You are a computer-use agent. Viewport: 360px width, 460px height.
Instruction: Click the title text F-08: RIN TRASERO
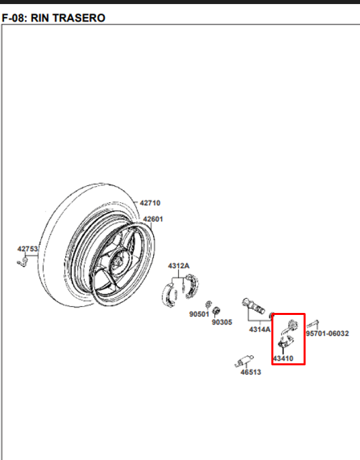[53, 18]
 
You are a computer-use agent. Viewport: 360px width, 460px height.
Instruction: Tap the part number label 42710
[150, 203]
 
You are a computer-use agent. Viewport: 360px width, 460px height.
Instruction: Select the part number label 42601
[153, 219]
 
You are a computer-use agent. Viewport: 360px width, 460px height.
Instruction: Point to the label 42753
[28, 248]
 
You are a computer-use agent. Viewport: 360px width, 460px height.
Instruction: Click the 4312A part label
[179, 266]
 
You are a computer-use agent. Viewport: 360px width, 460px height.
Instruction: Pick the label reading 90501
[199, 314]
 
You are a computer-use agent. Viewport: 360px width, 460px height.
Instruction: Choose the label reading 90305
[222, 322]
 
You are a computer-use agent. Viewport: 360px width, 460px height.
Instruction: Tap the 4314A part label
[260, 330]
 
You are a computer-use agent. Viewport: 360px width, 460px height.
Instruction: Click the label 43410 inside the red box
[283, 358]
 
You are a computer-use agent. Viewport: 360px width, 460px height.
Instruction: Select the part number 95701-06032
[328, 334]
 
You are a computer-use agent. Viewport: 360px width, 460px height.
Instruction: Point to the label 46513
[251, 372]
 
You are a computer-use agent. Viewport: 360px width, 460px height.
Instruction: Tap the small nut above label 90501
[208, 304]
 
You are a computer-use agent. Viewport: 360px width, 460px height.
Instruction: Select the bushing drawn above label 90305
[216, 311]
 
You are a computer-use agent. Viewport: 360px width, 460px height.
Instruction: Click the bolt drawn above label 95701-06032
[313, 324]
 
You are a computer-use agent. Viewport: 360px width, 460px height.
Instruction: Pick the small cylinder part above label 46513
[244, 361]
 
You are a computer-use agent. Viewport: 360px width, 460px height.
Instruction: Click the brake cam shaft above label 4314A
[253, 306]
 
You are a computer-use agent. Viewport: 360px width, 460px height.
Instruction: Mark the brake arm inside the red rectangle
[287, 334]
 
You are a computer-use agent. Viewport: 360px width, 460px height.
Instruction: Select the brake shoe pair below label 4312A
[181, 289]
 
